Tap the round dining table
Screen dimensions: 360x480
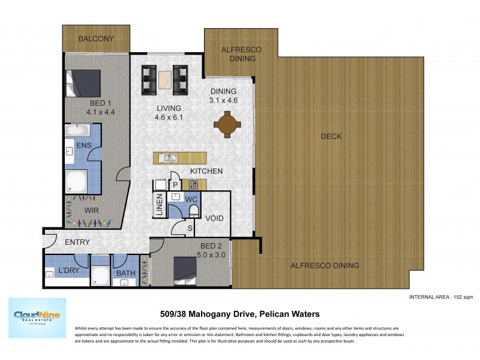(227, 125)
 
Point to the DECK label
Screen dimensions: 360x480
(331, 136)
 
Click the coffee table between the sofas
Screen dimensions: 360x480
(165, 80)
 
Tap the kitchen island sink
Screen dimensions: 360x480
(170, 158)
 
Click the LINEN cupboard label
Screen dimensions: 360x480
(159, 205)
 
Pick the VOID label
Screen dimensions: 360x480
(214, 218)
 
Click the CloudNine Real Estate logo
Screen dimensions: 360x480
(37, 318)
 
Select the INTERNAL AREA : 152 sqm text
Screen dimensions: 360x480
(441, 297)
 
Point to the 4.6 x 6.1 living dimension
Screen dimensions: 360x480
(168, 118)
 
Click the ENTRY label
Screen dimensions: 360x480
(77, 242)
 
